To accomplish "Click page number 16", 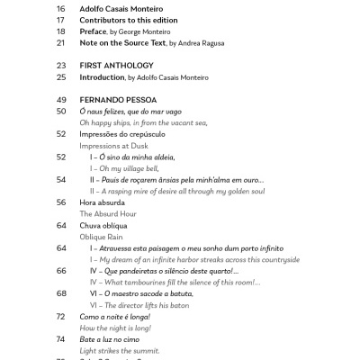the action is tap(61, 7).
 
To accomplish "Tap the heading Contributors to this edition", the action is tap(134, 19).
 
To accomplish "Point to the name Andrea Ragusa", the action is tap(199, 42).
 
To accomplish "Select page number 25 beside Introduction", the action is tap(61, 77).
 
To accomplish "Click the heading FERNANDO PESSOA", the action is tap(118, 99).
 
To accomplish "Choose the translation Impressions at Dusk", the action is tap(117, 145).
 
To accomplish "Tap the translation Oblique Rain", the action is tap(101, 237).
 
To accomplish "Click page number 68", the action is tap(61, 293).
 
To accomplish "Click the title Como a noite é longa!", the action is tap(114, 317).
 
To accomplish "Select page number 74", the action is tap(61, 339).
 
